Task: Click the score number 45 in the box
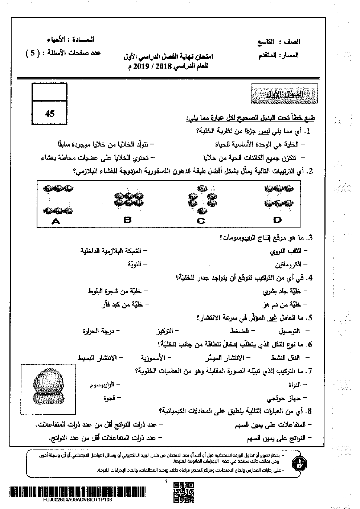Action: [x=50, y=114]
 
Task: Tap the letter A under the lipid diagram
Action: [x=56, y=221]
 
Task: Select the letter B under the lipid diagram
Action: [x=127, y=219]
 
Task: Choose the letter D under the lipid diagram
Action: [x=278, y=219]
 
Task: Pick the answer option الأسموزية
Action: [x=153, y=357]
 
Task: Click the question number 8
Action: [x=310, y=411]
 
